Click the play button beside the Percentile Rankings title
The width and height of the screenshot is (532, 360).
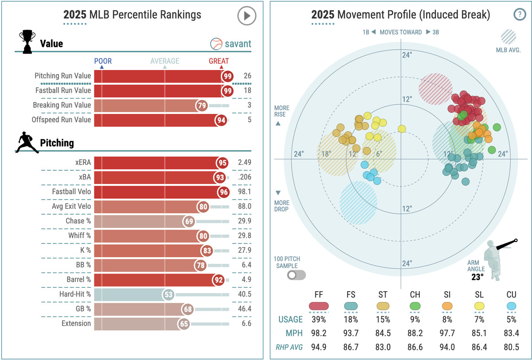pos(246,16)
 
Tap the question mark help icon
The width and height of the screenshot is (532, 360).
pos(519,15)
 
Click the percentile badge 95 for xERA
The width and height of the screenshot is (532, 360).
pos(223,163)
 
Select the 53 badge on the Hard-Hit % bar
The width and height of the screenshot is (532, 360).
pos(168,294)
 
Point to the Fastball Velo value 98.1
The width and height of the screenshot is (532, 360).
pos(244,192)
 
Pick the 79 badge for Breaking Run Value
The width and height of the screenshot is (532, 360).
pos(202,106)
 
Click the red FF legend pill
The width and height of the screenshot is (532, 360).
pos(318,306)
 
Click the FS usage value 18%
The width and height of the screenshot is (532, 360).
pos(350,319)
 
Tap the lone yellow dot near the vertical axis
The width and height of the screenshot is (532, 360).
pos(402,129)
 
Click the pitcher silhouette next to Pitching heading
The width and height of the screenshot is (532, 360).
pos(27,143)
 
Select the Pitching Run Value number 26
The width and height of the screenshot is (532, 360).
pos(247,76)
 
